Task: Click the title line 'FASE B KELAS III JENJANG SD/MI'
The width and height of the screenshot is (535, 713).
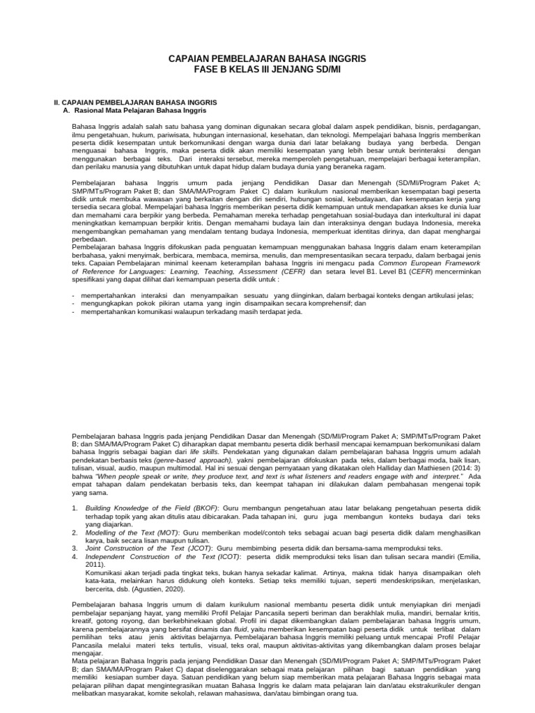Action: pos(267,70)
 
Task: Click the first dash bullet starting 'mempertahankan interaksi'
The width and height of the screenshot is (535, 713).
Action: pos(275,295)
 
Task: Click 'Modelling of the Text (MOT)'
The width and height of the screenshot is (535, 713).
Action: pos(133,533)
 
